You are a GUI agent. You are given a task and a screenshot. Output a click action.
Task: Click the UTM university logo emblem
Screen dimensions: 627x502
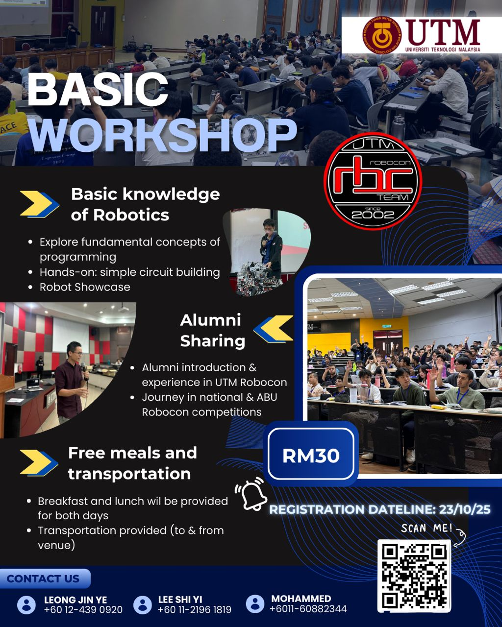pyautogui.click(x=382, y=35)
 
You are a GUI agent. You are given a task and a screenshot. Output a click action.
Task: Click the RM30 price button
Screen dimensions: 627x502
pyautogui.click(x=311, y=456)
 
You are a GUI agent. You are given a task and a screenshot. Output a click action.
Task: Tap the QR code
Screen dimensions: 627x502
pyautogui.click(x=414, y=576)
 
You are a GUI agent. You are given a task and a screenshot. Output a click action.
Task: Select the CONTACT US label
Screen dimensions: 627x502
pyautogui.click(x=43, y=579)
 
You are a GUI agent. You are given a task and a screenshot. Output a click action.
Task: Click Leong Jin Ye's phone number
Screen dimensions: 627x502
pyautogui.click(x=83, y=610)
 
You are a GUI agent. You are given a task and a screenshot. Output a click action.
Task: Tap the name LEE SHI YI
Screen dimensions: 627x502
pyautogui.click(x=180, y=600)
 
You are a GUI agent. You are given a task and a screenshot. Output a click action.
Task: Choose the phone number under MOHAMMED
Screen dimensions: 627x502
pyautogui.click(x=308, y=609)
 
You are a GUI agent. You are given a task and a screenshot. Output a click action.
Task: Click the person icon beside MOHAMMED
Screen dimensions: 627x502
pyautogui.click(x=255, y=604)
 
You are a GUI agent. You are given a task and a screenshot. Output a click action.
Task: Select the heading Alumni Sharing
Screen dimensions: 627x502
pyautogui.click(x=212, y=330)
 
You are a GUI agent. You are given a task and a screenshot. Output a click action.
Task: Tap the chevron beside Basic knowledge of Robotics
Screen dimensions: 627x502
pyautogui.click(x=39, y=204)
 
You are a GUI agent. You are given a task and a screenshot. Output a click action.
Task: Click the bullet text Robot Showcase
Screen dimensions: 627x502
pyautogui.click(x=85, y=287)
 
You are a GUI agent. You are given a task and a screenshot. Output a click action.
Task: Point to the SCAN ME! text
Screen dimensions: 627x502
pyautogui.click(x=426, y=528)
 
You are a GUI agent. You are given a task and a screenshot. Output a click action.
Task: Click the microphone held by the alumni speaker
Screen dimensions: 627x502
pyautogui.click(x=83, y=368)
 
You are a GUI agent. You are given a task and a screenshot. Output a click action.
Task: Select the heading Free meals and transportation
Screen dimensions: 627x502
pyautogui.click(x=132, y=463)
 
